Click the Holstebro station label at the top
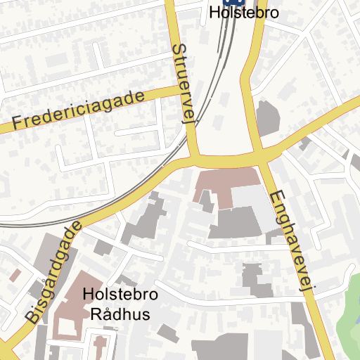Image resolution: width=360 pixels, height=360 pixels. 244,13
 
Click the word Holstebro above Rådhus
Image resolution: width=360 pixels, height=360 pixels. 120,295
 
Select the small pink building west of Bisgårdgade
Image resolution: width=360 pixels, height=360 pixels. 15,275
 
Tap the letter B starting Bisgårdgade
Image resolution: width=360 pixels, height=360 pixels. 33,316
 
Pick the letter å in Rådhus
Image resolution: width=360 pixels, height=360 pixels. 107,314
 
